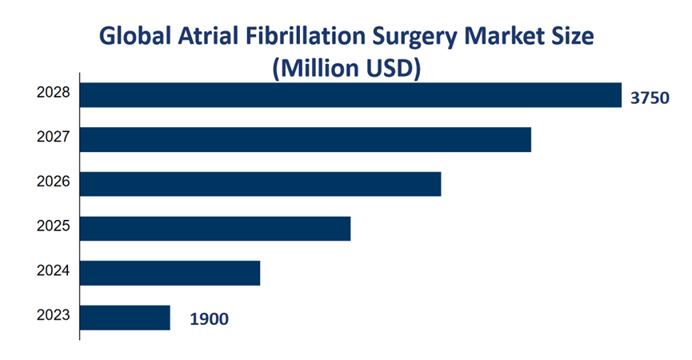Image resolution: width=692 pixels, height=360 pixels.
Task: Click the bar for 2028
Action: point(350,94)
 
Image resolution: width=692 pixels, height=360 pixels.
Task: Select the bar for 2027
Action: point(306,139)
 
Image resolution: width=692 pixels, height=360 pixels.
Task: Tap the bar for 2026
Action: point(261,183)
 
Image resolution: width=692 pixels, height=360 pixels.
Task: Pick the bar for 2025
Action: point(215,228)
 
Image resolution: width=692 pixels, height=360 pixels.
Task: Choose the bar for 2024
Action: point(170,273)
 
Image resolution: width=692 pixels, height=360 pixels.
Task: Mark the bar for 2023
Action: point(125,318)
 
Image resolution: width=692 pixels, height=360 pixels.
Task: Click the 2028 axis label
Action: point(54,93)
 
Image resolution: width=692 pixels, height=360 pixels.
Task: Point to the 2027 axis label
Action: point(54,138)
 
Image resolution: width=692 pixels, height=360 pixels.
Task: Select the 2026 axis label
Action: point(54,182)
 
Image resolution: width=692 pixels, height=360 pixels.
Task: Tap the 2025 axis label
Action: point(54,226)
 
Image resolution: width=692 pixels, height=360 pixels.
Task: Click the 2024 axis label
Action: point(54,271)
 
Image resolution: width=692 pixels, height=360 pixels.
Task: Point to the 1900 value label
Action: point(209,320)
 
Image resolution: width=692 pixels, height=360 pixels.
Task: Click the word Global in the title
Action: point(133,37)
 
